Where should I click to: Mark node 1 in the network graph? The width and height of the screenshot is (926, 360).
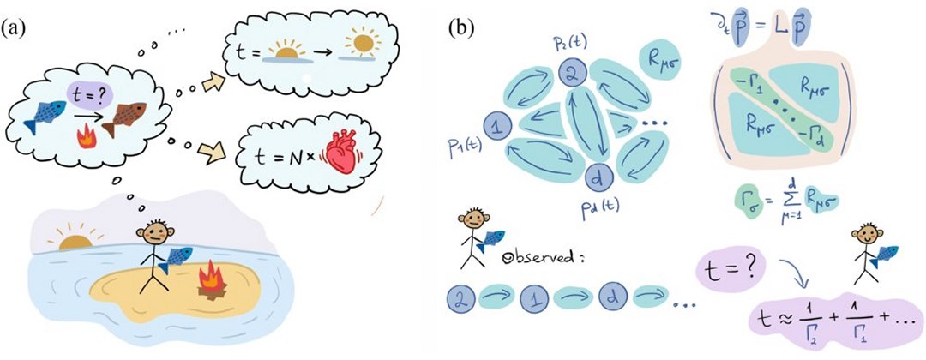[498, 125]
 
